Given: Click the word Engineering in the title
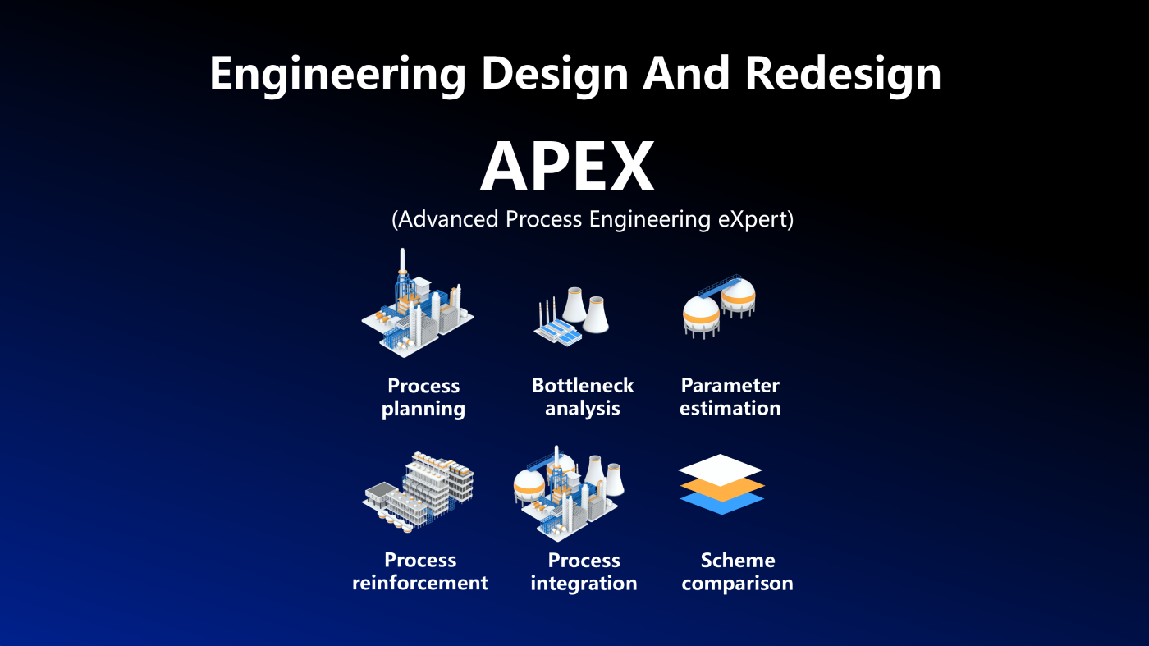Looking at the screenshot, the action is [337, 75].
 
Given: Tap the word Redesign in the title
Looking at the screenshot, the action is [843, 75].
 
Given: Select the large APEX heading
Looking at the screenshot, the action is [567, 167].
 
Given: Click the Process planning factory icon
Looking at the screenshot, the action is [418, 303].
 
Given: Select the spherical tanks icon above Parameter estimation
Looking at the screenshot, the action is [719, 307].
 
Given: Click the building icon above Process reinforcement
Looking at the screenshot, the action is [418, 492].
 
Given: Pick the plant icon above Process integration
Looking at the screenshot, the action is [568, 493].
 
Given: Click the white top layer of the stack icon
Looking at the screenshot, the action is [721, 469].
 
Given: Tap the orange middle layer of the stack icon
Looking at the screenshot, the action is [721, 491].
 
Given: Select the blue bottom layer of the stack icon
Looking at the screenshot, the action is [721, 504].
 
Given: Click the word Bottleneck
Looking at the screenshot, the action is [583, 385].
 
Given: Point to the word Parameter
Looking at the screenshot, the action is [730, 385].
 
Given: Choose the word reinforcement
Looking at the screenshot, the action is [420, 583].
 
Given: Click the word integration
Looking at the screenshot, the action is [584, 584].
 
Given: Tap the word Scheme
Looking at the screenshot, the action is [738, 561].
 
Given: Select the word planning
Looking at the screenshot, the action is [423, 410].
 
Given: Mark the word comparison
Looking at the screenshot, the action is [737, 584].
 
